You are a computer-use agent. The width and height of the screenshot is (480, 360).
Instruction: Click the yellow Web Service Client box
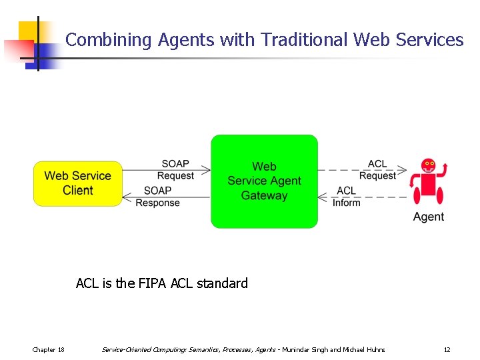pyautogui.click(x=78, y=183)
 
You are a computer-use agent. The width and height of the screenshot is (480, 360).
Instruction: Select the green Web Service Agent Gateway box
pyautogui.click(x=264, y=181)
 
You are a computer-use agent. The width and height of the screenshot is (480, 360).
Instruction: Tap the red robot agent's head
pyautogui.click(x=428, y=165)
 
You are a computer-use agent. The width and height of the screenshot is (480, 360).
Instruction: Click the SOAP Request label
pyautogui.click(x=175, y=170)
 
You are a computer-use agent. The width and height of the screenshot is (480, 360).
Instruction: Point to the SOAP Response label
pyautogui.click(x=157, y=197)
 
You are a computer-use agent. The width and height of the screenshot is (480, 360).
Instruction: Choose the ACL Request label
pyautogui.click(x=377, y=170)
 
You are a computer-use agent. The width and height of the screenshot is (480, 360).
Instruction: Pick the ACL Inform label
pyautogui.click(x=347, y=197)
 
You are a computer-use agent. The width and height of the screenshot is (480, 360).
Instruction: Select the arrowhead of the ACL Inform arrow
pyautogui.click(x=321, y=197)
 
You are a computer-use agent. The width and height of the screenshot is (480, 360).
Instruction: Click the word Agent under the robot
pyautogui.click(x=429, y=217)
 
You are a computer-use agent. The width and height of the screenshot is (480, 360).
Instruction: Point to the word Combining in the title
pyautogui.click(x=109, y=40)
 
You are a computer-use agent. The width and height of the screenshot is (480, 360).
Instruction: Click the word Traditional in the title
pyautogui.click(x=304, y=40)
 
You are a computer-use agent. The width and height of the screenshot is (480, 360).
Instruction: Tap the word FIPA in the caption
pyautogui.click(x=153, y=283)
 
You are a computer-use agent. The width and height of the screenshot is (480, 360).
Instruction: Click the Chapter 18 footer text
pyautogui.click(x=49, y=349)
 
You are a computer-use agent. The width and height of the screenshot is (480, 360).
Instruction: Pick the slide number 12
pyautogui.click(x=447, y=349)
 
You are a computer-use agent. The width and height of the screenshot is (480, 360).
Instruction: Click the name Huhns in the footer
pyautogui.click(x=374, y=349)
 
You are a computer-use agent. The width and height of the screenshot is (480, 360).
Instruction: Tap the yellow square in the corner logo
pyautogui.click(x=28, y=31)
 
